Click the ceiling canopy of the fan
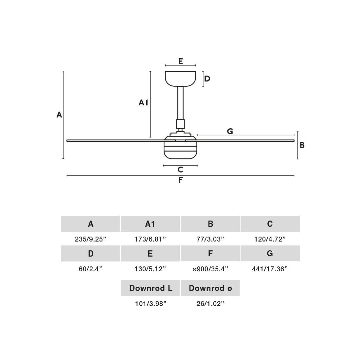[180, 79]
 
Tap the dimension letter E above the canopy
[180, 61]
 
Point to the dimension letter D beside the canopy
[207, 79]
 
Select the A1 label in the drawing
[143, 103]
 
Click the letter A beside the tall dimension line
[59, 115]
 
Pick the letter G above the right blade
[230, 131]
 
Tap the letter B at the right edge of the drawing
[302, 145]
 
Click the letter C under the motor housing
[180, 170]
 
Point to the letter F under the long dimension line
[181, 180]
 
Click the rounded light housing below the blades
[180, 151]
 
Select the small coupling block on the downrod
[180, 124]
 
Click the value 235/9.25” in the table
[91, 239]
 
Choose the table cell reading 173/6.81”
[150, 239]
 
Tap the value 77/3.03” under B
[210, 239]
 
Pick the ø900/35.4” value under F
[210, 269]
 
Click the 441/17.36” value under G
[270, 269]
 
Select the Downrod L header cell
[151, 288]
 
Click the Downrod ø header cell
[210, 288]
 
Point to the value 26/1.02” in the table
[210, 304]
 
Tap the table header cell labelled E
[150, 254]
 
